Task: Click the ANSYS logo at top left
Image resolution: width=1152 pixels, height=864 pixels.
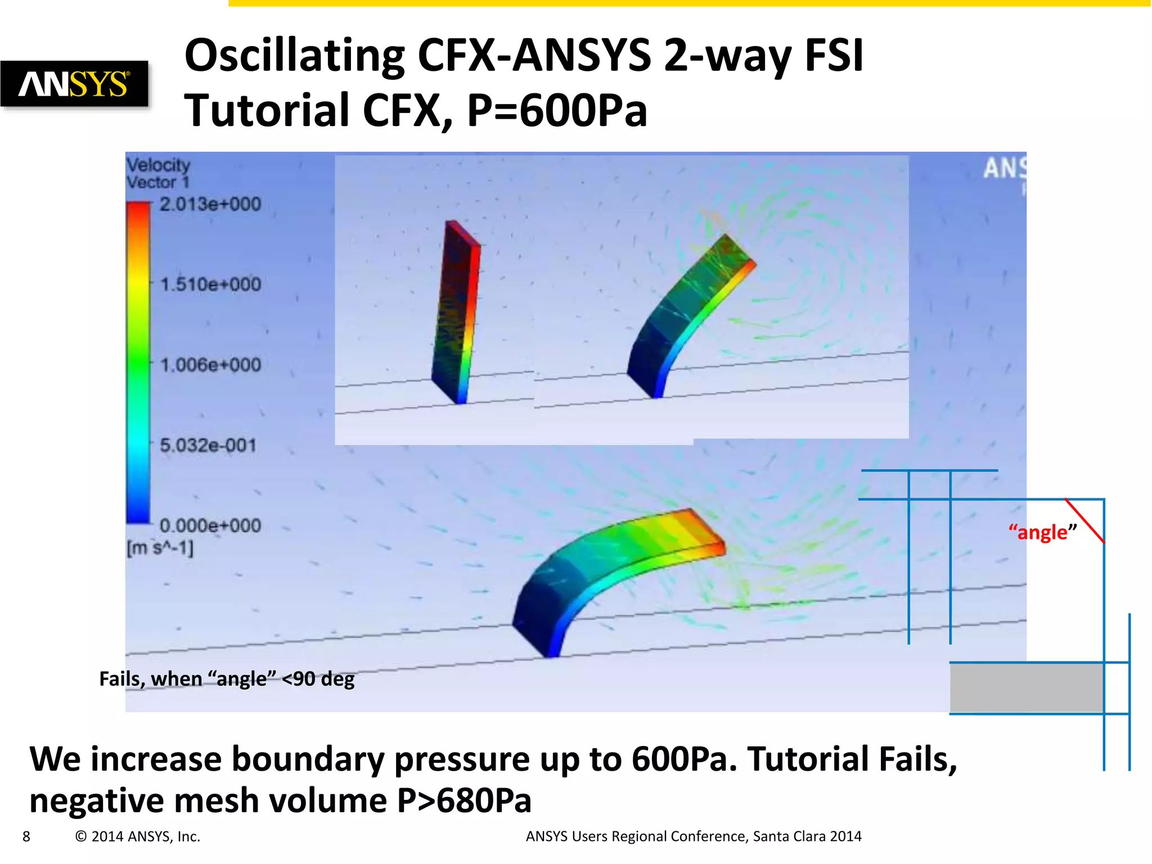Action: coord(74,84)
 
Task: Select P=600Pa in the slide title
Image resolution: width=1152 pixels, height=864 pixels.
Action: coord(557,110)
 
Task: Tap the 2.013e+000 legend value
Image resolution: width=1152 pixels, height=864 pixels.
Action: coord(210,204)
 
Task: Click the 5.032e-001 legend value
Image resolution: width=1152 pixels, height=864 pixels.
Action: coord(208,445)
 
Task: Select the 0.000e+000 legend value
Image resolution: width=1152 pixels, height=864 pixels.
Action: coord(210,526)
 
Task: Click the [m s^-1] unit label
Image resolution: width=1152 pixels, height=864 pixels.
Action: coord(160,548)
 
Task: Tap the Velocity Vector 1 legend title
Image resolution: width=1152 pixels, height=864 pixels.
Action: coord(158,173)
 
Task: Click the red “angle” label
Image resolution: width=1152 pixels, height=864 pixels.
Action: coord(1042,532)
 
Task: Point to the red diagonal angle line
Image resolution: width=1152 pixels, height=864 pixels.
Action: coord(1085,521)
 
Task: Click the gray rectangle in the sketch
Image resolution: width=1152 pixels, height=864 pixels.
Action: coord(1026,688)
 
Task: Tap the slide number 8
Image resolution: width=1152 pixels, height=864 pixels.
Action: coord(26,836)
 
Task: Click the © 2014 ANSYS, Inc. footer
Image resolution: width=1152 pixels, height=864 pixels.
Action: coord(138,836)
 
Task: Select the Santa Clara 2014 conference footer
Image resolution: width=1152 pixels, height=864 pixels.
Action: coord(807,836)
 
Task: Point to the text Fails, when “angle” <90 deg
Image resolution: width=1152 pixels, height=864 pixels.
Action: coord(227,679)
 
